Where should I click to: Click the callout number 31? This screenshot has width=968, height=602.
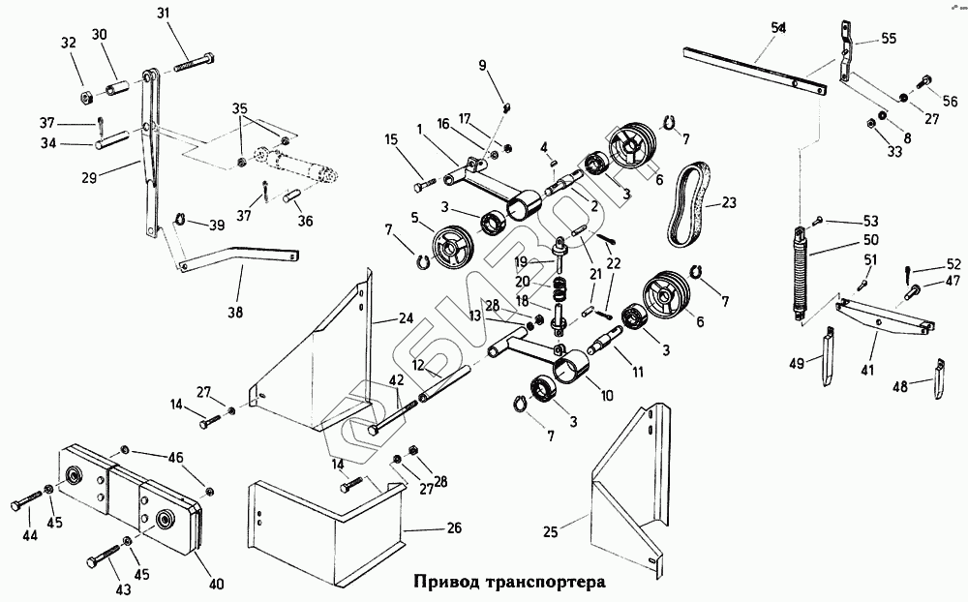(163, 13)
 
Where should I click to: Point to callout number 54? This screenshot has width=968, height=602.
(778, 29)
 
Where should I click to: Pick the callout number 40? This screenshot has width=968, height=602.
(216, 584)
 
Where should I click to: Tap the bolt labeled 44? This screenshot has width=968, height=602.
(29, 505)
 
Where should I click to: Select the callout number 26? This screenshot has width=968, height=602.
(453, 528)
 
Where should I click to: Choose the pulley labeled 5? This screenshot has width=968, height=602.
(450, 248)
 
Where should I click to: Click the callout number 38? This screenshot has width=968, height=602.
(236, 312)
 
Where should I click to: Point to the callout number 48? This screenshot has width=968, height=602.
(900, 386)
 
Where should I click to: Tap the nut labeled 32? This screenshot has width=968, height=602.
(84, 97)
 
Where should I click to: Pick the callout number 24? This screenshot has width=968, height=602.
(406, 318)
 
